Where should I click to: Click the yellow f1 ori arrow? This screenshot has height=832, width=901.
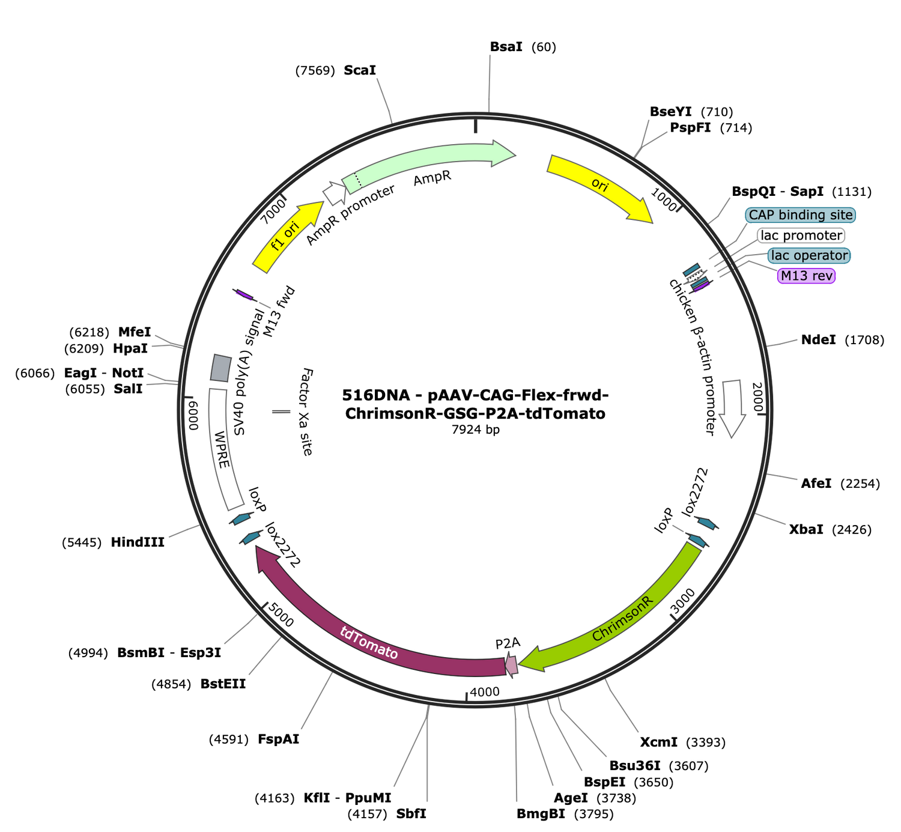coord(282,240)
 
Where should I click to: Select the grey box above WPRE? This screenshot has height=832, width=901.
coord(220,368)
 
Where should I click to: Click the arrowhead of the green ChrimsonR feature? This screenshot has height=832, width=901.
coord(532,660)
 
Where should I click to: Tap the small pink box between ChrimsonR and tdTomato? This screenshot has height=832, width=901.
coord(511,665)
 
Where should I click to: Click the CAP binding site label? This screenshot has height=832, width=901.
coord(800,215)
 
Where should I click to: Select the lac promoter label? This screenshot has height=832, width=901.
coord(801,235)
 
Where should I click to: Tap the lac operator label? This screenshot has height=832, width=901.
coord(808,255)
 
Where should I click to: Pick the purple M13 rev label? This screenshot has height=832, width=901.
coord(806,276)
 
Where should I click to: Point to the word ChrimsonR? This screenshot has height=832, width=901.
coord(622,619)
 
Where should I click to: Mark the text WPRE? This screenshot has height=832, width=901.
coord(222,449)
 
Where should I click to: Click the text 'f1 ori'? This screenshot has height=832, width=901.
coord(285,236)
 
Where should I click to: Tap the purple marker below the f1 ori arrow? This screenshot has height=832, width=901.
coord(243,295)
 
